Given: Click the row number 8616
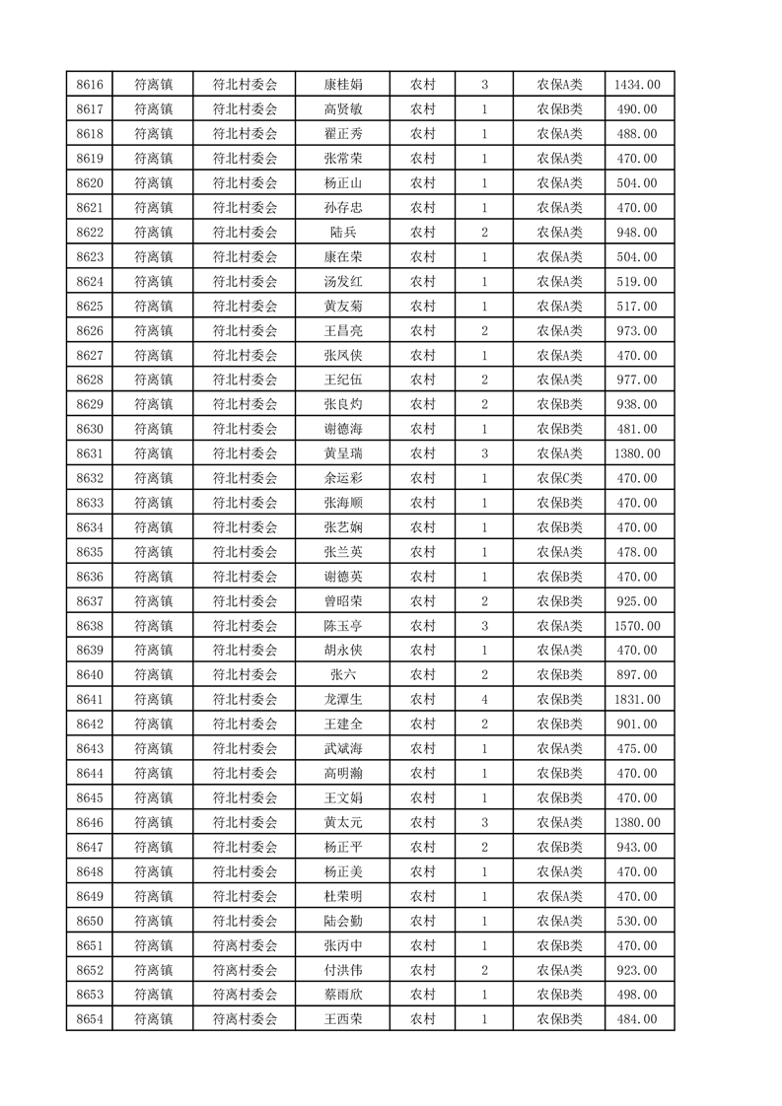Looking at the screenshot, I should click(x=90, y=84).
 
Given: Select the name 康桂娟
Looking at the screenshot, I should click(x=342, y=84).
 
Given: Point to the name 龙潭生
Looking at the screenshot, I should click(x=342, y=700).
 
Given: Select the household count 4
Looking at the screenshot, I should click(x=484, y=700).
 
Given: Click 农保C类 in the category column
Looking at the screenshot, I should click(x=559, y=478).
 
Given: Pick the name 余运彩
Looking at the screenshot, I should click(x=342, y=478).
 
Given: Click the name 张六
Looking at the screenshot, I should click(x=342, y=675).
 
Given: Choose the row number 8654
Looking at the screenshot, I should click(x=90, y=1019).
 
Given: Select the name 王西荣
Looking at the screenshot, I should click(x=342, y=1019).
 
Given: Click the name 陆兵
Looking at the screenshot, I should click(x=342, y=232).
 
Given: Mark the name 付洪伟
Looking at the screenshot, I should click(x=342, y=970).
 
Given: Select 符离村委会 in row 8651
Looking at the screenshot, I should click(x=246, y=945).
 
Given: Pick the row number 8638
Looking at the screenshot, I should click(x=90, y=626).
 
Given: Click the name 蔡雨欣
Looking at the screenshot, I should click(x=342, y=995).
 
